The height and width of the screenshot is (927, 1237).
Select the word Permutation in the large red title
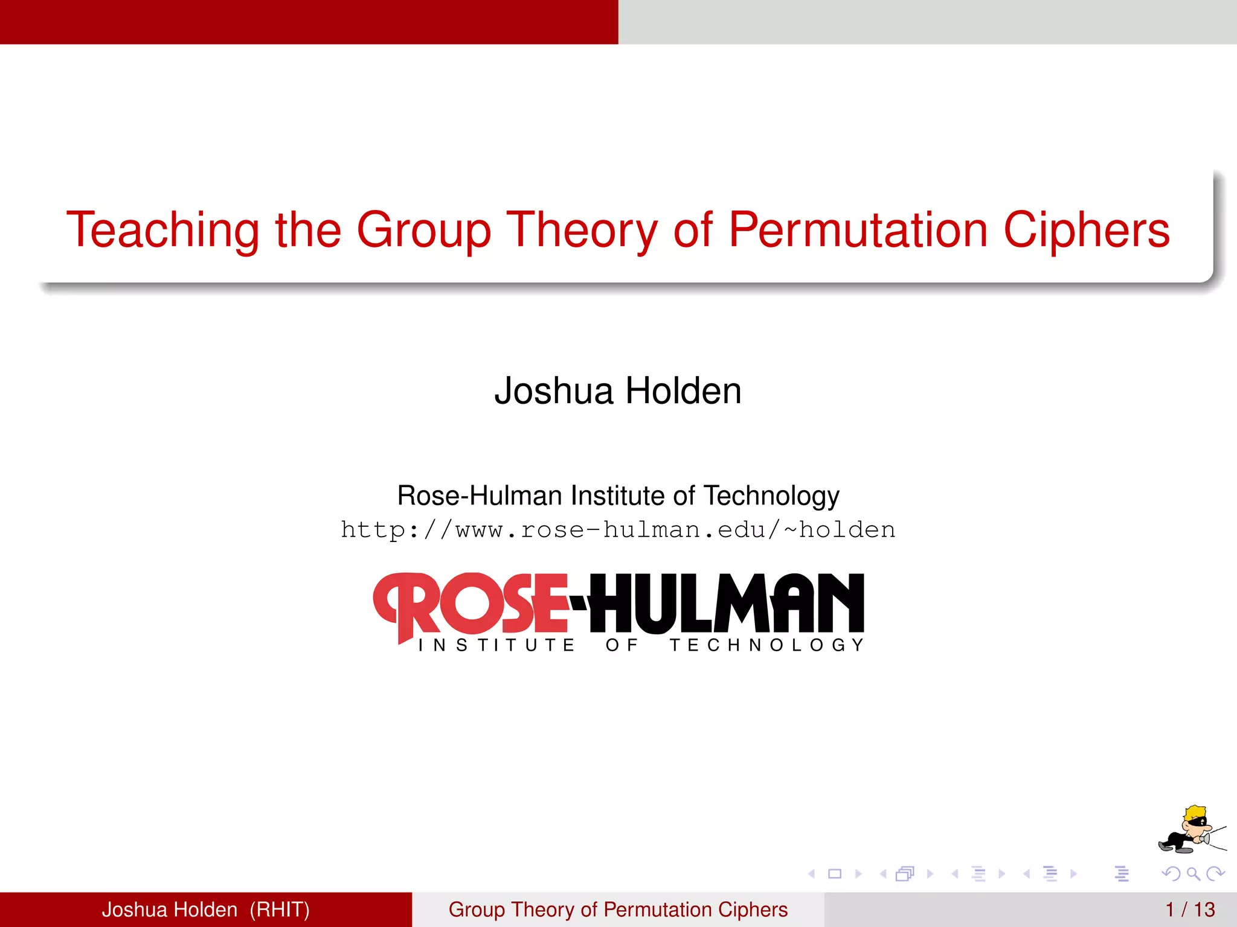click(858, 231)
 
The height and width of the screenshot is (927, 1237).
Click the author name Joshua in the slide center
click(553, 390)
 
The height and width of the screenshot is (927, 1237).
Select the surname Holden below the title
click(683, 390)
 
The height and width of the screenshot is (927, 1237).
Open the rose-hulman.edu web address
click(618, 530)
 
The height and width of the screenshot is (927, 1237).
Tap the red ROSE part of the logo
click(471, 604)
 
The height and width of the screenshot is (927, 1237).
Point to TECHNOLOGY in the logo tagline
click(767, 645)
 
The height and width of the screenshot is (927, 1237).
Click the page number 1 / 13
click(1190, 909)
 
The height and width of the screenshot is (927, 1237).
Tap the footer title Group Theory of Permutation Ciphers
click(618, 909)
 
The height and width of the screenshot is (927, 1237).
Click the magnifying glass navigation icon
click(1193, 873)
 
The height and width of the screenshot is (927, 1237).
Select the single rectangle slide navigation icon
click(835, 873)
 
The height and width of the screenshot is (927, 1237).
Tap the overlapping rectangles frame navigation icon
click(905, 873)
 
